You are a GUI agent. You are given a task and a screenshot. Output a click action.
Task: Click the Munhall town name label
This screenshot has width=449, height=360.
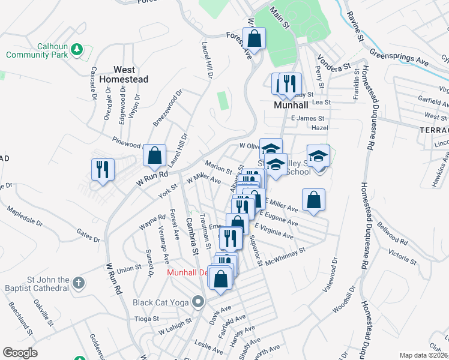(291, 104)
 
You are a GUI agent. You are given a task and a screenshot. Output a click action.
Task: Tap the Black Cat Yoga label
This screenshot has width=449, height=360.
(161, 302)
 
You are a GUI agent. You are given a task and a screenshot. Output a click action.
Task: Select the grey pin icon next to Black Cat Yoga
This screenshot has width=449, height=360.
(199, 301)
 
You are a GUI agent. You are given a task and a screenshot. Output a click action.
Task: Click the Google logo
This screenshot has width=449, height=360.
(20, 353)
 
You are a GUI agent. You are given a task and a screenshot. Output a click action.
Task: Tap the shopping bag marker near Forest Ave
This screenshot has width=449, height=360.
(255, 39)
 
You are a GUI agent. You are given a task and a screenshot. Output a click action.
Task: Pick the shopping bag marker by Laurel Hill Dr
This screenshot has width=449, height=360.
(155, 155)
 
